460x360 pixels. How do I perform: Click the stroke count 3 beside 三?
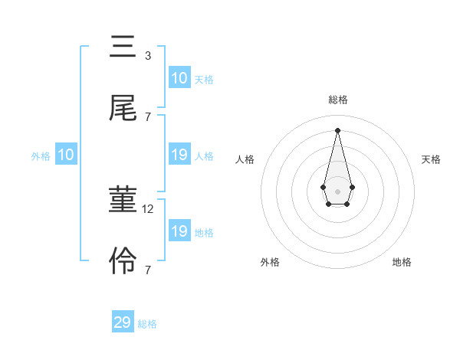(x=147, y=55)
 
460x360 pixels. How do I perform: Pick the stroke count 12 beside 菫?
(x=149, y=208)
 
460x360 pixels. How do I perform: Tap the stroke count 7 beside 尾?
(x=147, y=116)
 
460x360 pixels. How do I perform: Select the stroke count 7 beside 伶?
(x=147, y=270)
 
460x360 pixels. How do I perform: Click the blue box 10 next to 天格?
(x=179, y=78)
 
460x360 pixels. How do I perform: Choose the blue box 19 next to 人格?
(x=179, y=155)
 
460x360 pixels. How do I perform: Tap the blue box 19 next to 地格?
(x=179, y=231)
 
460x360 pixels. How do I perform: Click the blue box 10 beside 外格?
(x=65, y=155)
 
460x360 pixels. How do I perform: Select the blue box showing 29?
(x=123, y=322)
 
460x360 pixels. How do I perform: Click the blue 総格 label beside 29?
(x=147, y=324)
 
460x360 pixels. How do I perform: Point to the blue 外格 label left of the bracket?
(x=41, y=156)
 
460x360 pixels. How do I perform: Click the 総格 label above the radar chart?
(x=337, y=100)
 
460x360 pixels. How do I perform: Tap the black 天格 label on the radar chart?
(x=432, y=159)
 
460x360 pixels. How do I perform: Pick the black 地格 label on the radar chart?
(x=402, y=262)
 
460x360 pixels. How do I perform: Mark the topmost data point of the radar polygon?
(x=337, y=129)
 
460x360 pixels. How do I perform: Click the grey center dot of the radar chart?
(x=337, y=190)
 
